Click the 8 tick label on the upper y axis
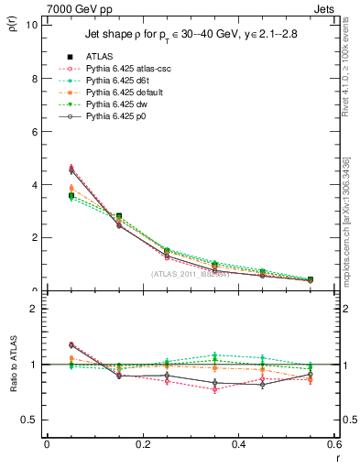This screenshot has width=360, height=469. click(36, 78)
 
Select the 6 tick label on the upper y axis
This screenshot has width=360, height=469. click(36, 131)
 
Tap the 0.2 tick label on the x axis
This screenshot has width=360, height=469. click(143, 444)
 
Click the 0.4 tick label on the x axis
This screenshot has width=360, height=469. click(239, 444)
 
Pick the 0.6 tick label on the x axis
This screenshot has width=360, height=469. click(333, 444)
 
